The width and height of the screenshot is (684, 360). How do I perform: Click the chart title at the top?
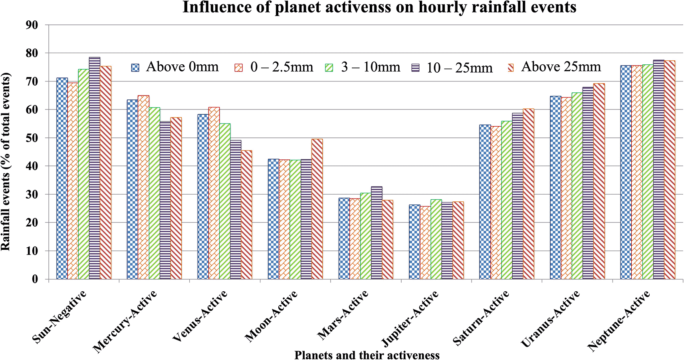pos(379,7)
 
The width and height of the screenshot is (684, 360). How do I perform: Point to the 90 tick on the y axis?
pos(32,25)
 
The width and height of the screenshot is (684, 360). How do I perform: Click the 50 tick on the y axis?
pos(32,138)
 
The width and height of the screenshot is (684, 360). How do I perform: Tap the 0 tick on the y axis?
pos(35,279)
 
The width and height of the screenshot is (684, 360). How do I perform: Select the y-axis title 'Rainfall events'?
pos(6,161)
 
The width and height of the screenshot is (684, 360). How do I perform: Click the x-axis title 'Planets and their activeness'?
pos(367,355)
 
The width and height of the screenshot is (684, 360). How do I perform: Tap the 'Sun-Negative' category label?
pos(60,317)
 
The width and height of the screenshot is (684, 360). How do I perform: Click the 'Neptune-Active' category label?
pos(619,321)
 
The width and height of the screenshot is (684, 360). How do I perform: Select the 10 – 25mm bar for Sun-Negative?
pos(95,168)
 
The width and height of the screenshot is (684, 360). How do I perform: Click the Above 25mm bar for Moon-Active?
pos(317,209)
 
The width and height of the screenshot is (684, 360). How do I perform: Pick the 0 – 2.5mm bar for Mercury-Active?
pos(143,187)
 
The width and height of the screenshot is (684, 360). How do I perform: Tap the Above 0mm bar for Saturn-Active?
pos(485,202)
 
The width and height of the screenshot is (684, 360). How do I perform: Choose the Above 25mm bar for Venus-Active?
pos(246,215)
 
